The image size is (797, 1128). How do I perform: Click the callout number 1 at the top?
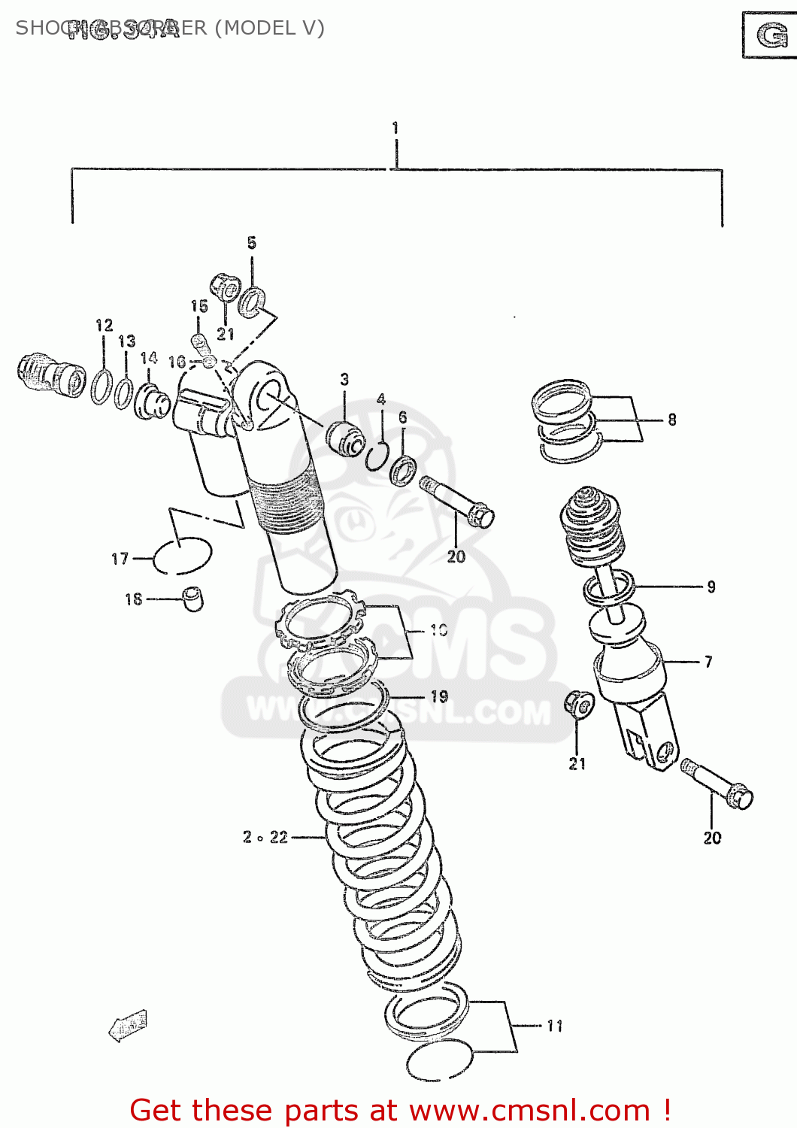click(395, 129)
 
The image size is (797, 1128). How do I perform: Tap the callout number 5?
click(251, 243)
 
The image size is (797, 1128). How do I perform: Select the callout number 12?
click(105, 325)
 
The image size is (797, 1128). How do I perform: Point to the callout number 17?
click(120, 559)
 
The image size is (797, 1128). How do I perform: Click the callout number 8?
click(671, 420)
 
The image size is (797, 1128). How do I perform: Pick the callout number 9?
click(711, 587)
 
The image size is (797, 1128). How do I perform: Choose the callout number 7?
click(708, 662)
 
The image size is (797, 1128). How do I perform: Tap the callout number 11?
click(554, 1026)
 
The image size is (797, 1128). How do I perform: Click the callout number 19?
click(439, 697)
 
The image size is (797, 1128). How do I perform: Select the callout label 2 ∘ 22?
click(265, 837)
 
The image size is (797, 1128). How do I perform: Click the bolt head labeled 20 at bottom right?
click(740, 796)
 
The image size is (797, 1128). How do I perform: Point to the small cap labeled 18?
click(193, 599)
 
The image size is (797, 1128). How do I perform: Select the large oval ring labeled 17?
click(182, 556)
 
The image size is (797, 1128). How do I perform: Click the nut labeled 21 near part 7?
click(579, 704)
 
